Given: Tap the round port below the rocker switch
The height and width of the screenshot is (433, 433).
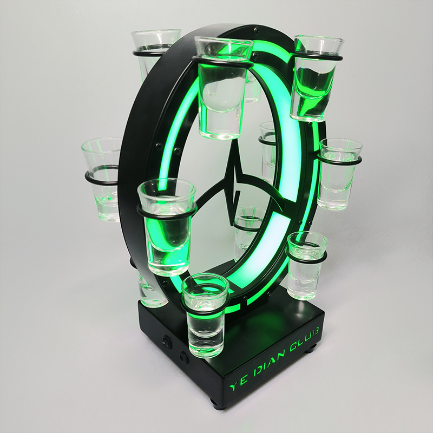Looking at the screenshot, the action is click(183, 358).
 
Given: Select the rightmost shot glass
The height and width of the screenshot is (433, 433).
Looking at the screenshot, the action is click(340, 174).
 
